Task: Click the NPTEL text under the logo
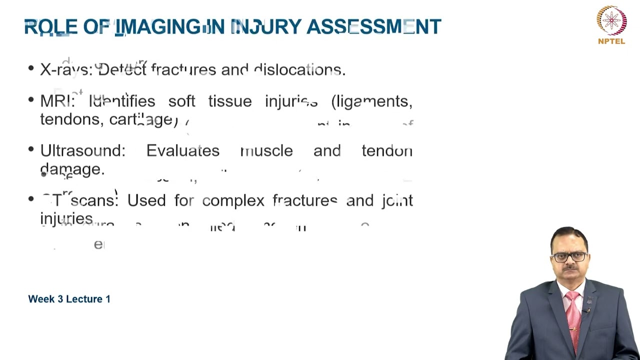click(611, 41)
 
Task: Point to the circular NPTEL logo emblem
click(611, 20)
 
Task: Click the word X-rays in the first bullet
click(66, 70)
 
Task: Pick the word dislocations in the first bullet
click(299, 70)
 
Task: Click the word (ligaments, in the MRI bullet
click(371, 101)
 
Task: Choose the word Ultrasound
click(82, 151)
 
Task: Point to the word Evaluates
click(182, 151)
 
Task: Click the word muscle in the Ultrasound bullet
click(266, 151)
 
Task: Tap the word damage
click(72, 169)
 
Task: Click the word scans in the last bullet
click(94, 201)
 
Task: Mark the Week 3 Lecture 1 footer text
click(69, 299)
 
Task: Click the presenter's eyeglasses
click(570, 257)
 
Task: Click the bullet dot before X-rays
click(31, 69)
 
